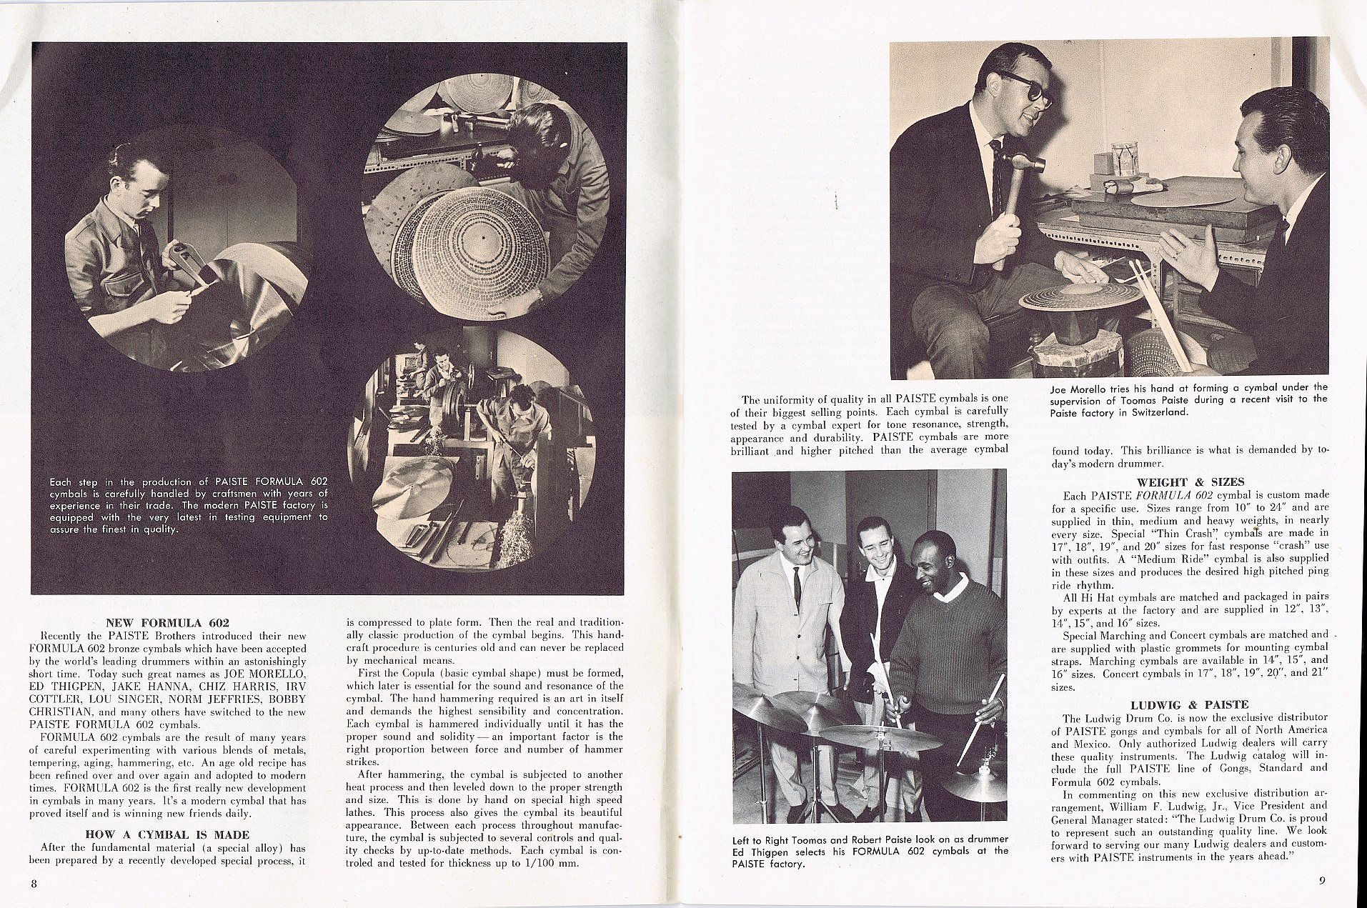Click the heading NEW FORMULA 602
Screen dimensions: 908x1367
click(x=167, y=622)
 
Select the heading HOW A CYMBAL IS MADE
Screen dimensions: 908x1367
click(x=167, y=834)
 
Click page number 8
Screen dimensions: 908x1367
click(x=34, y=883)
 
